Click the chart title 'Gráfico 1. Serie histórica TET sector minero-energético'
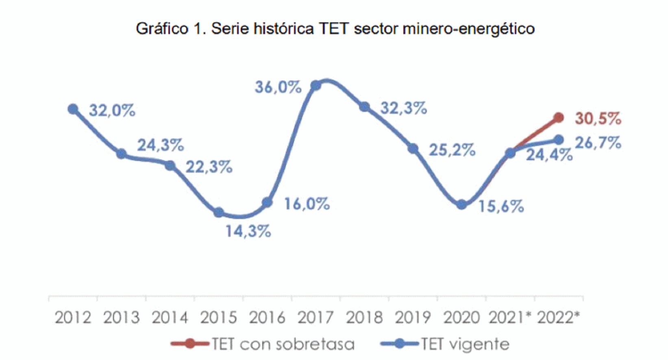pos(335,29)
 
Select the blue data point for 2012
pos(73,109)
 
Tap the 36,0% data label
pos(278,87)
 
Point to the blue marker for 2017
pos(316,85)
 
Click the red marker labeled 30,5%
pos(559,118)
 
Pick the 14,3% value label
pos(248,231)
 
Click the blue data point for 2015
pos(219,213)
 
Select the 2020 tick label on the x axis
pos(461,318)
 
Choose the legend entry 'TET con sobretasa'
pos(262,344)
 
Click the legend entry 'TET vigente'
pos(445,344)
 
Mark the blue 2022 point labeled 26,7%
pos(559,139)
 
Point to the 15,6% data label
pos(501,206)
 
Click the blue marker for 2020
pos(461,204)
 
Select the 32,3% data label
pos(404,108)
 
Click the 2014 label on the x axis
pos(170,318)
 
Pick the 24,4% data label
pos(549,155)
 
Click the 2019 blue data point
pos(413,148)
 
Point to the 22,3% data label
pos(209,167)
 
